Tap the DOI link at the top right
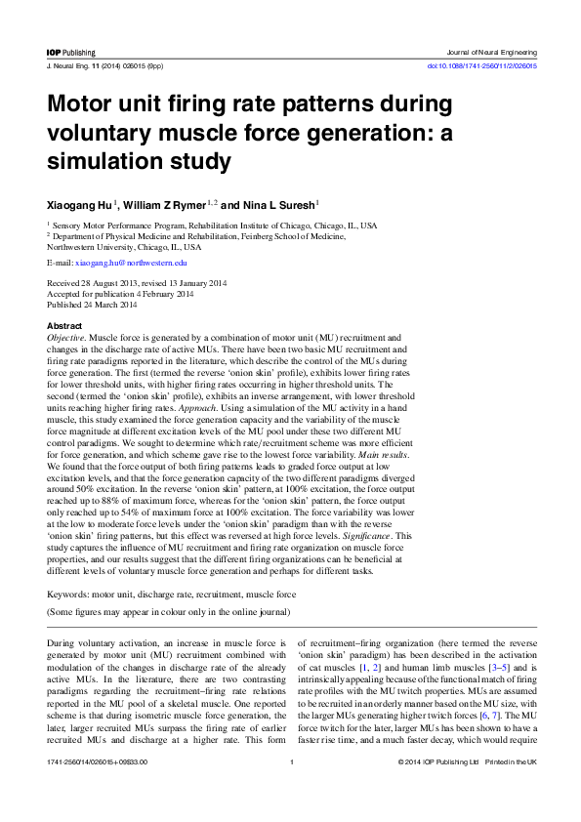[482, 65]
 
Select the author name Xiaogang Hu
[79, 206]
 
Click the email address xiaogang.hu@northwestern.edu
[131, 263]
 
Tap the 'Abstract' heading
[64, 324]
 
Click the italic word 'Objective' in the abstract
[65, 336]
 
